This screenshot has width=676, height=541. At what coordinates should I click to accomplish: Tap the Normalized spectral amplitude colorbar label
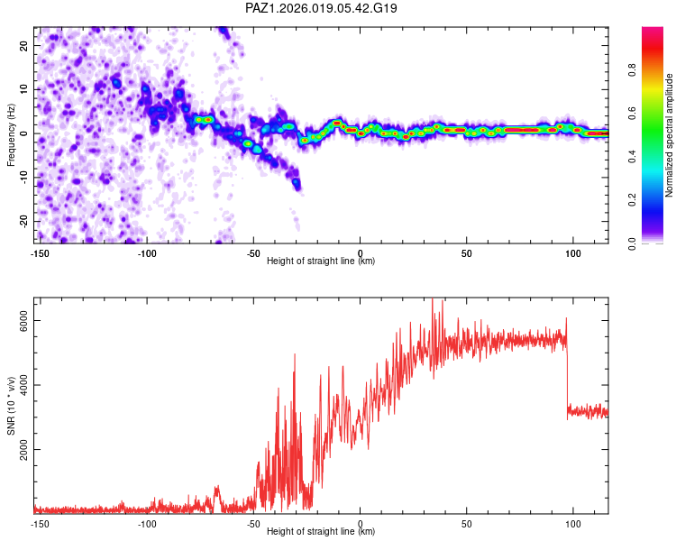click(670, 135)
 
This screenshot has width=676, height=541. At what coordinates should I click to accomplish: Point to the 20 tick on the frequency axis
click(24, 45)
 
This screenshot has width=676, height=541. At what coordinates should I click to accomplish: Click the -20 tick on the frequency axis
click(23, 221)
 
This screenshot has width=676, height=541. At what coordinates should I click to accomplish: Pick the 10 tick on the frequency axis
click(24, 89)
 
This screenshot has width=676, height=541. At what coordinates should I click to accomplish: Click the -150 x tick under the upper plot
click(40, 253)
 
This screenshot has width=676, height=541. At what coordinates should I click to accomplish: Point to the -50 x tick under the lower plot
click(253, 523)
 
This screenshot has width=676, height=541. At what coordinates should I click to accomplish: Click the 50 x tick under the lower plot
click(467, 523)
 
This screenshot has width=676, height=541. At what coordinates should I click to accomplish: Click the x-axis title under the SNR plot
click(321, 532)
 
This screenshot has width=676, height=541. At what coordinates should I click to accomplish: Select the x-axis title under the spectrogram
click(321, 261)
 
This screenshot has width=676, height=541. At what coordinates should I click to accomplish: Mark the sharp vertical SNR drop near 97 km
click(567, 370)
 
